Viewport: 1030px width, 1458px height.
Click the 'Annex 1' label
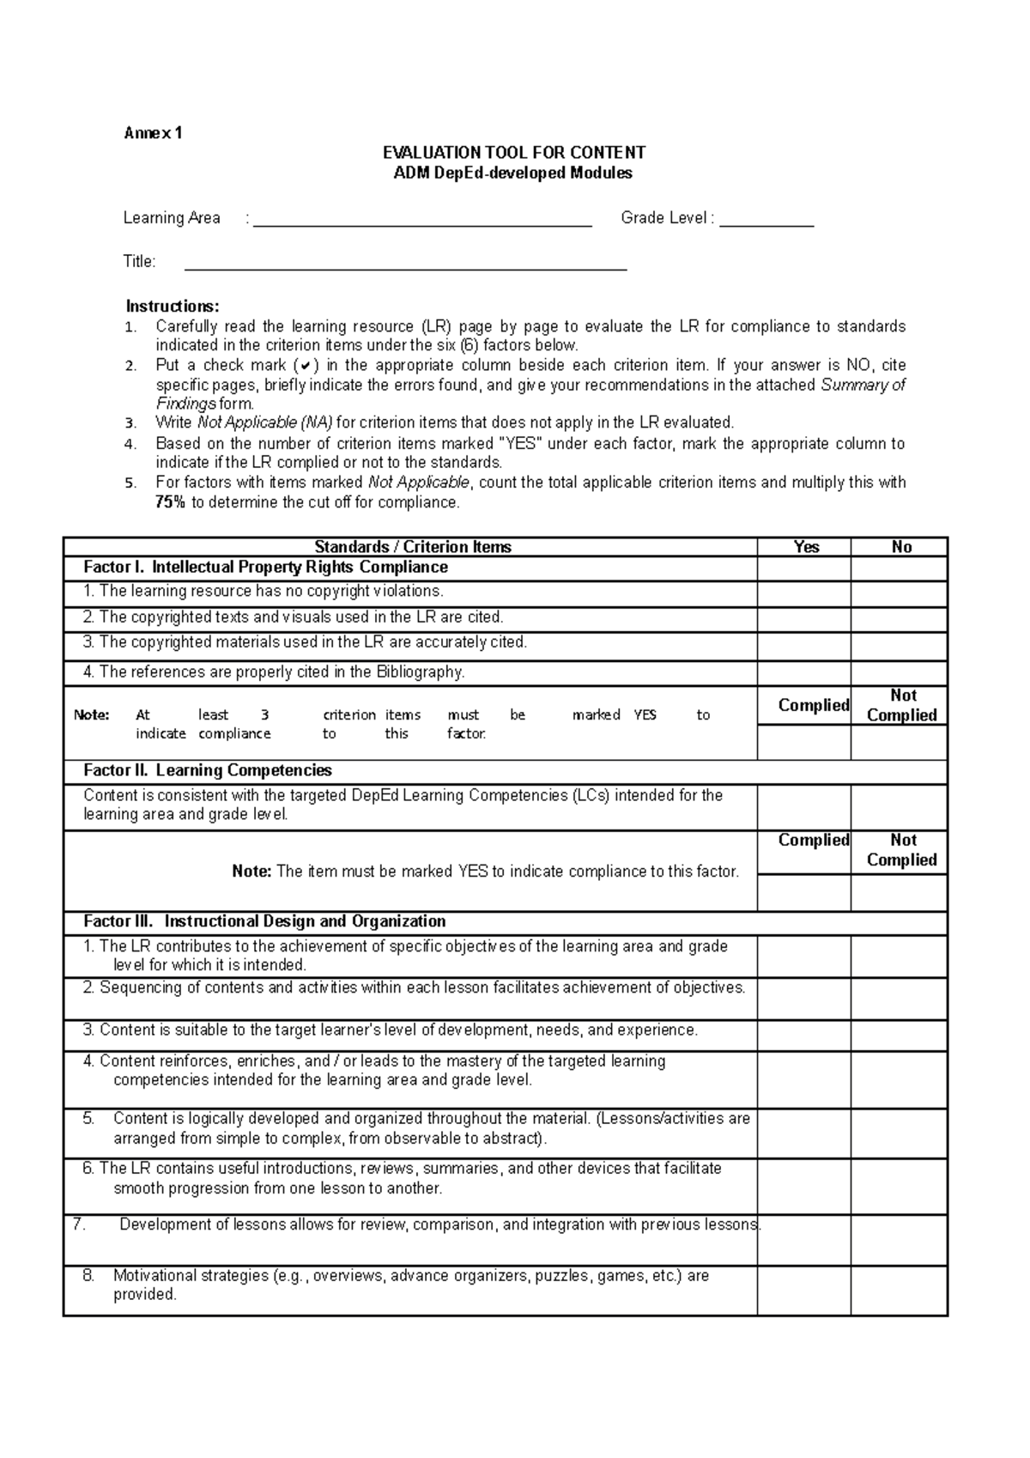153,133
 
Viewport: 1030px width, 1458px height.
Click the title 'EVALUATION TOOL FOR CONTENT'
513,153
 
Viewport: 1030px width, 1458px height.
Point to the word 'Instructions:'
173,307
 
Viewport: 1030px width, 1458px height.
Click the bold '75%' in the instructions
170,502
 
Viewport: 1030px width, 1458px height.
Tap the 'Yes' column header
806,547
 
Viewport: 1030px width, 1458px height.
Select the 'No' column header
900,547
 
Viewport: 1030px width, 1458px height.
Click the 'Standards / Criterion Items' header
412,547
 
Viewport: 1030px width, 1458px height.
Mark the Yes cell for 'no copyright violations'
803,593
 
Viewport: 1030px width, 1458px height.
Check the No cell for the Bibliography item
899,673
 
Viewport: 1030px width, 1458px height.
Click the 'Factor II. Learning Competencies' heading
207,770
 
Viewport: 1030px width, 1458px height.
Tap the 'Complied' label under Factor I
813,705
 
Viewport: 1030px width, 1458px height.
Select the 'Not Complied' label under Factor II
902,850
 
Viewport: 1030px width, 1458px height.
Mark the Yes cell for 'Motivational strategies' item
803,1290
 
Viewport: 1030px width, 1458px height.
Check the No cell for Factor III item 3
899,1036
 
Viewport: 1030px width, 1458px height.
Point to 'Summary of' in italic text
862,385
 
